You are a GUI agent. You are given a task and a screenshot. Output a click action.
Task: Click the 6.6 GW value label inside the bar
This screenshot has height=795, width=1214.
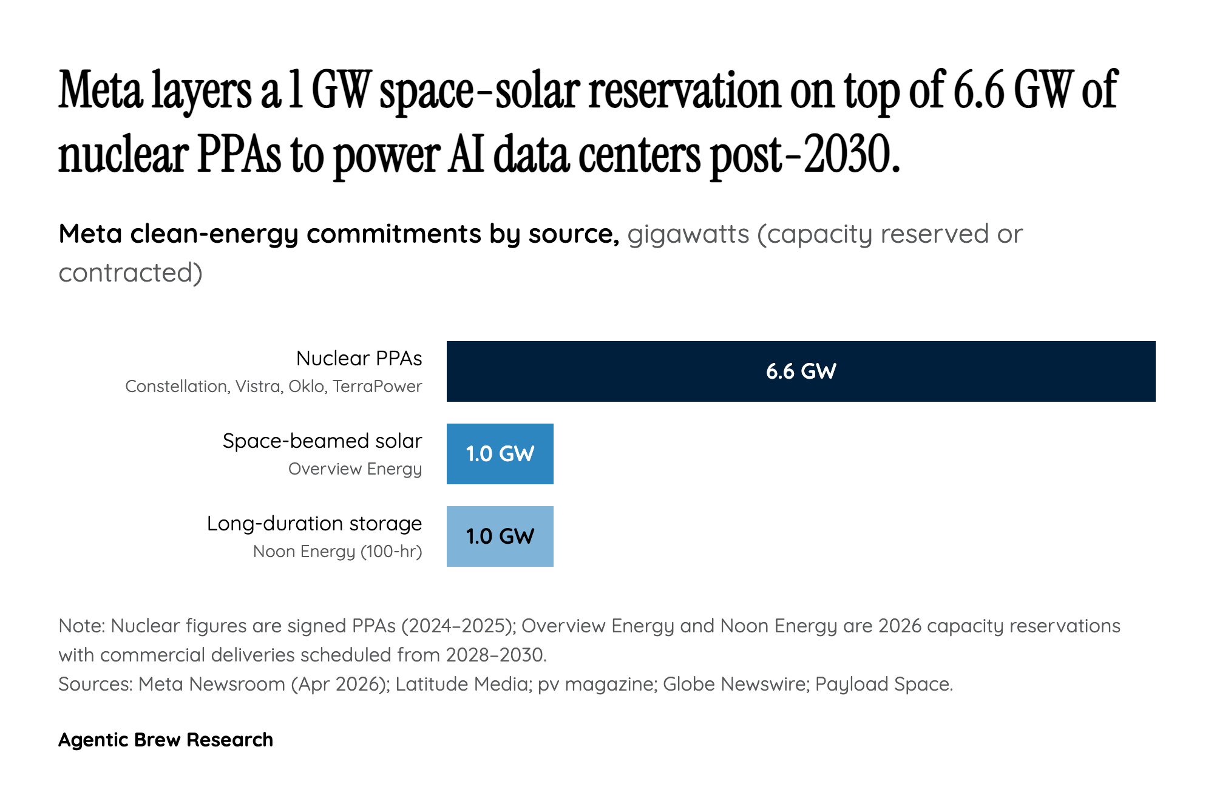coord(801,371)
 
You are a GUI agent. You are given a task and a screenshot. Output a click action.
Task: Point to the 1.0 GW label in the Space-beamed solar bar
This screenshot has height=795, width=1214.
coord(500,454)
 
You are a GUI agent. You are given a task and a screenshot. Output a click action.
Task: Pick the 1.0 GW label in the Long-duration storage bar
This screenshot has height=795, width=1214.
coord(500,536)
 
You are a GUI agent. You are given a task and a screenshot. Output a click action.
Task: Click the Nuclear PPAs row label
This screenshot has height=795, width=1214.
coord(359,359)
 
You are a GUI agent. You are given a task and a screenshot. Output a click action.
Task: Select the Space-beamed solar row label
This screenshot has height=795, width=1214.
coord(322,441)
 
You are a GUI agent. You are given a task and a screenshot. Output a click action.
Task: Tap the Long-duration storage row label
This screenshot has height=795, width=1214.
coord(314,524)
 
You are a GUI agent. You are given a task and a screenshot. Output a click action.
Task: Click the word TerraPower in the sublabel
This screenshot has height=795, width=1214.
coord(377,387)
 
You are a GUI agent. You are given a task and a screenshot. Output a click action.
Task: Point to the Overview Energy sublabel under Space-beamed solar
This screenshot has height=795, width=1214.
coord(354,469)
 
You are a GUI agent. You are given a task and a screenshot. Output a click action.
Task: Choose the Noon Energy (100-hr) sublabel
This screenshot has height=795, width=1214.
coord(337,552)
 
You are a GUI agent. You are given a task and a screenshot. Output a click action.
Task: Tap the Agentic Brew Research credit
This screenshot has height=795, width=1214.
coord(165,740)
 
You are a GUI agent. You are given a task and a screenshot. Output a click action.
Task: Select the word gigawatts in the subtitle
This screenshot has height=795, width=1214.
coord(688,234)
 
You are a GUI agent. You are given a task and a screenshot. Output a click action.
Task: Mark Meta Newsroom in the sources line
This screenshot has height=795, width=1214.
coord(211,684)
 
